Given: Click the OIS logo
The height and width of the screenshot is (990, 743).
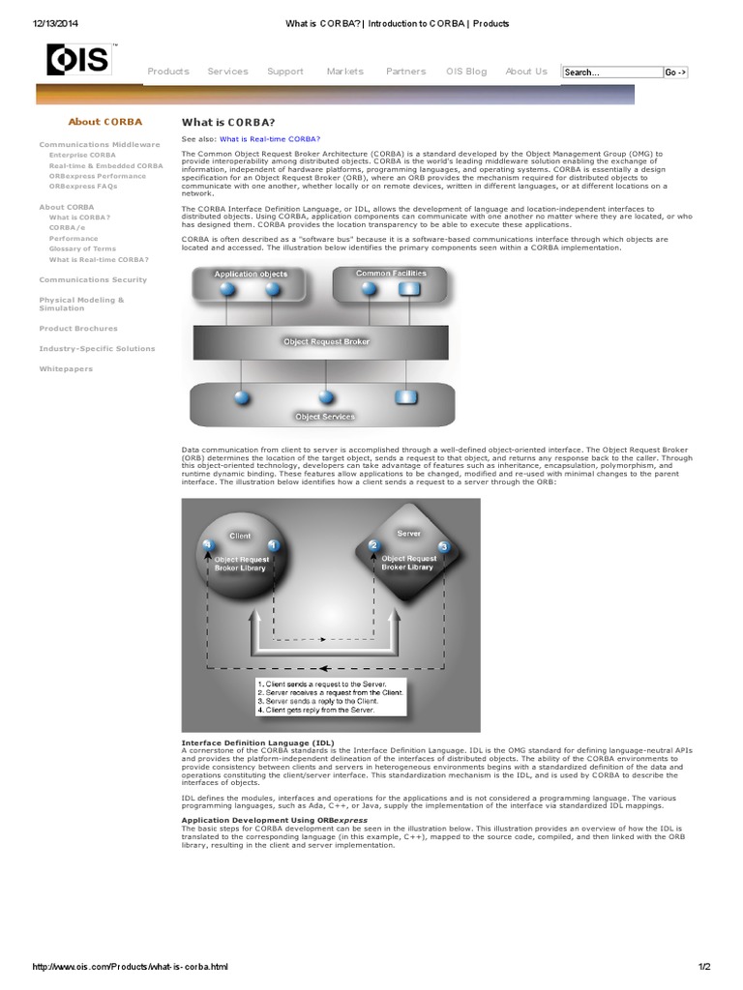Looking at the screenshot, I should (79, 61).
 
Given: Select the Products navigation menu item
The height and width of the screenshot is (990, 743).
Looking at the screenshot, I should (168, 72).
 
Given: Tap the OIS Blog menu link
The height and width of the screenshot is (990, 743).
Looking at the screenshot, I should (466, 72).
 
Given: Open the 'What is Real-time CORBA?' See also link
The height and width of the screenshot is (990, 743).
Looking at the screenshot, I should (269, 140).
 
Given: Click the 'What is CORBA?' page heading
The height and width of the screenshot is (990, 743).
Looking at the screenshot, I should (228, 123).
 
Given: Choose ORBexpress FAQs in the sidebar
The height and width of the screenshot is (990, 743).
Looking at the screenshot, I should (84, 187).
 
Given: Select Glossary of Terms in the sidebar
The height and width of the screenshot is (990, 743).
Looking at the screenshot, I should (82, 249).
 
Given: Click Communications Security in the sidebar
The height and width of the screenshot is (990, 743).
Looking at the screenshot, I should (93, 279).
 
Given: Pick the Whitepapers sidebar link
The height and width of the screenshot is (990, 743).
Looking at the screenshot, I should (66, 368).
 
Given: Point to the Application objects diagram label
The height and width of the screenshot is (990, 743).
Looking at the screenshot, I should (251, 275).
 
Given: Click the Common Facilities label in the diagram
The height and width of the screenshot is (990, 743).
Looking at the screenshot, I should (390, 274).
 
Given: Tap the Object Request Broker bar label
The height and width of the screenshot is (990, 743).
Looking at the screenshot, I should (326, 341).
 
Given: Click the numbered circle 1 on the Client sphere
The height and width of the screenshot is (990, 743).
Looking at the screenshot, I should (273, 546).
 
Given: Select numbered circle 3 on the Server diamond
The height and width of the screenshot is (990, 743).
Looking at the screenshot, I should (443, 547).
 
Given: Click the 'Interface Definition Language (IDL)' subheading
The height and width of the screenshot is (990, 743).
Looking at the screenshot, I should (251, 742).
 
